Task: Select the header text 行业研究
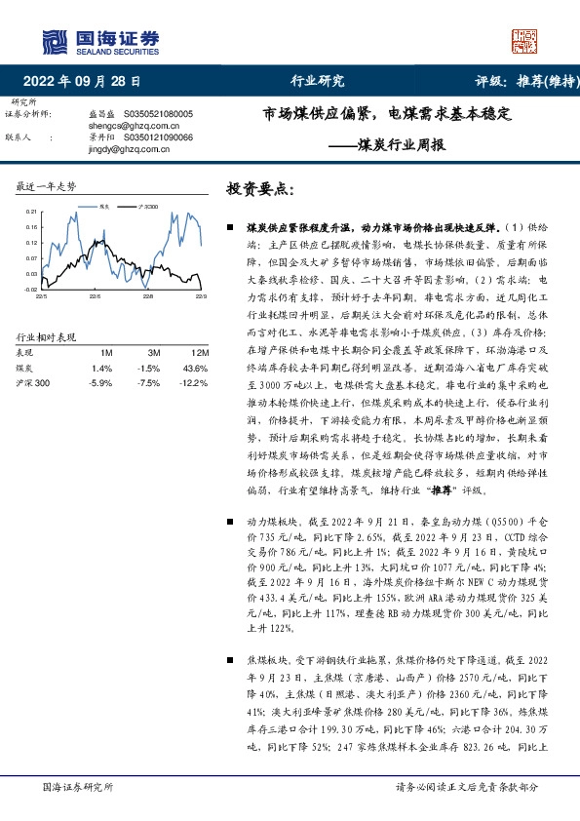[318, 83]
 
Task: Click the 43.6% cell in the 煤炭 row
[195, 368]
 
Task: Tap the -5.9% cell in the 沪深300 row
[100, 383]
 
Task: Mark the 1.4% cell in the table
[102, 368]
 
